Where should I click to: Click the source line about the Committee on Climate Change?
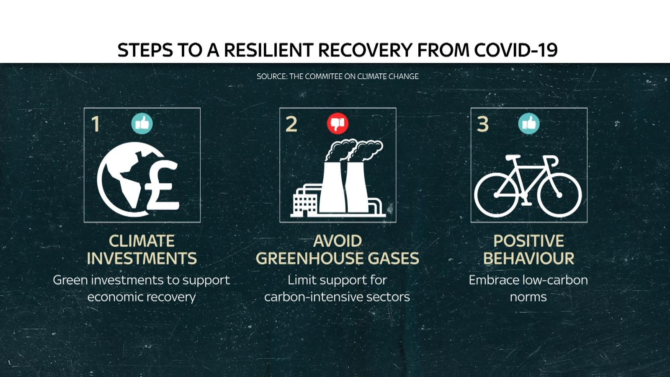pos(338,76)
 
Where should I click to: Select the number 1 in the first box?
pos(96,124)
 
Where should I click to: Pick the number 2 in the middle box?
pos(291,124)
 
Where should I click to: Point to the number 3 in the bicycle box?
pos(483,124)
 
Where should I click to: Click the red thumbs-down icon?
pos(338,124)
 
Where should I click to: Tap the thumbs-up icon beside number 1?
pos(142,124)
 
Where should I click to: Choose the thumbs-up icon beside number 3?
pos(529,124)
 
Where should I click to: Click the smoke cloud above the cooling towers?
pos(354,150)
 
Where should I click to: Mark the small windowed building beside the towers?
pos(305,203)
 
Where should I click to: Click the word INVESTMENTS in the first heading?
pos(142,258)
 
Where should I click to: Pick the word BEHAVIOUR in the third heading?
pos(529,258)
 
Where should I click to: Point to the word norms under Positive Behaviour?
pos(528,297)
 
